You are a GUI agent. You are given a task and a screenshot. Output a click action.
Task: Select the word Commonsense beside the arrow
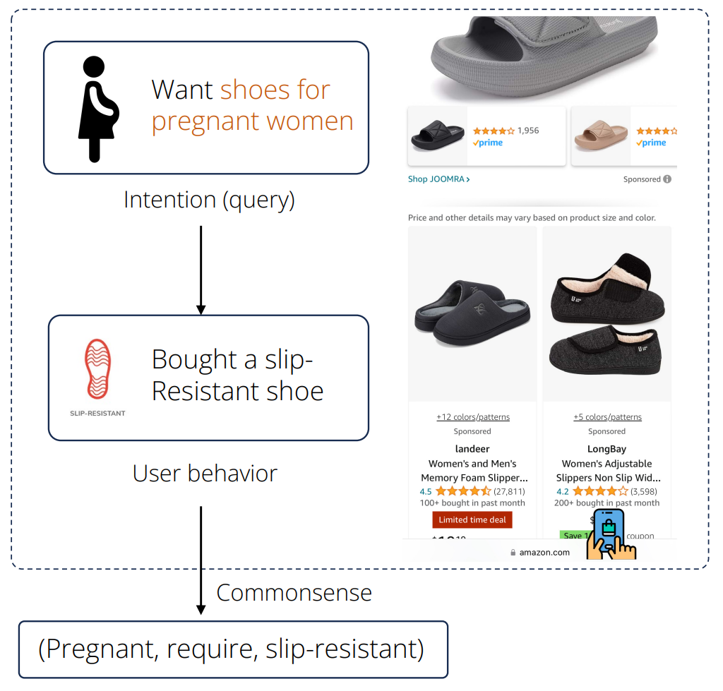294,592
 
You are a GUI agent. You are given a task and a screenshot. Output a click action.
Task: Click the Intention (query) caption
209,200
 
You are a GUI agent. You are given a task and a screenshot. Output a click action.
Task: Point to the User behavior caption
205,473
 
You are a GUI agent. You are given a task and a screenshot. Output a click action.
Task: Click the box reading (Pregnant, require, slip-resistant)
232,649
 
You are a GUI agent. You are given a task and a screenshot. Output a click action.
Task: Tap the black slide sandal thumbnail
438,135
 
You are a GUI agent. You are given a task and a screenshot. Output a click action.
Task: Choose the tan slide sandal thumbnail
600,135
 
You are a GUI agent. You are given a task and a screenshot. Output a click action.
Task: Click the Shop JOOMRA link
438,179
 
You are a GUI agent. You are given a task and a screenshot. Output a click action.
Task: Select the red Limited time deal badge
472,519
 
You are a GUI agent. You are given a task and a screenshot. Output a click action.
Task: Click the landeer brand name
472,449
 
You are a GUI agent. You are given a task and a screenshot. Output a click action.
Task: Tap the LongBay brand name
607,449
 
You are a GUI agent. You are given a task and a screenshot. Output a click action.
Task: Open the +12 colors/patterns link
472,417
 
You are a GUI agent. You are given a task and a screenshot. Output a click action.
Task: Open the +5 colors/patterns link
607,417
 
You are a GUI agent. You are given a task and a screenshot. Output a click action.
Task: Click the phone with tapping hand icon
610,534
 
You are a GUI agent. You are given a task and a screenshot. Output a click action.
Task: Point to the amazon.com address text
544,553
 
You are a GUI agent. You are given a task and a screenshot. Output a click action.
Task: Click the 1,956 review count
528,131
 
